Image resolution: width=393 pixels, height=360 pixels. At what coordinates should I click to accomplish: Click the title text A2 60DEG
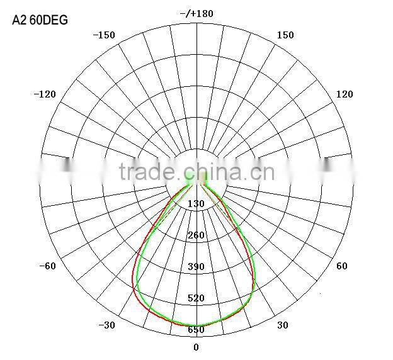40,20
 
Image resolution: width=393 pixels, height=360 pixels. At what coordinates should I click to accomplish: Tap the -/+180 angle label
196,13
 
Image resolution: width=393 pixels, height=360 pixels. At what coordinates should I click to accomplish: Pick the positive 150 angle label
285,35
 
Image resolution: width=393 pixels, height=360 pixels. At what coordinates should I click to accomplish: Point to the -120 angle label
44,94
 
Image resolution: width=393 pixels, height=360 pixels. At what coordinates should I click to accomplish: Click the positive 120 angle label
344,94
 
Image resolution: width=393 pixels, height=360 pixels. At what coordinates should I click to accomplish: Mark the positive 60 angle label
342,266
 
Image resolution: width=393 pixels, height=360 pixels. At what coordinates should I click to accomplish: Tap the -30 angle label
108,325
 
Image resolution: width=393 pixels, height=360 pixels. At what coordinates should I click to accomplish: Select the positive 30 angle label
283,325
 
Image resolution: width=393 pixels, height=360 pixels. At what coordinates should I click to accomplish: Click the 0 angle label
196,347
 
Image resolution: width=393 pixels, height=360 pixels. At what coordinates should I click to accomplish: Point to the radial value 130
196,204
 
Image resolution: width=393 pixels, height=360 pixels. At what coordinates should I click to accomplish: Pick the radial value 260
196,235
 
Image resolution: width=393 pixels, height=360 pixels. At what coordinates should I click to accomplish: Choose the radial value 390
196,267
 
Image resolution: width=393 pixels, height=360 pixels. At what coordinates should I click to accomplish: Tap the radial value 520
196,298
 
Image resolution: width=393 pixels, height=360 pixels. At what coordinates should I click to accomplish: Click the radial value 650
196,329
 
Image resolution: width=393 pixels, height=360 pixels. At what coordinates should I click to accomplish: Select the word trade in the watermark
146,171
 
